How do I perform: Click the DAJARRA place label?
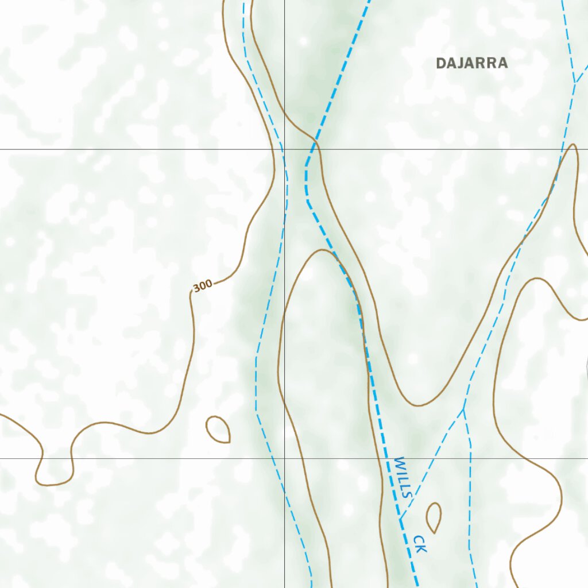point(472,63)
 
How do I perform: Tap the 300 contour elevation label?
point(202,285)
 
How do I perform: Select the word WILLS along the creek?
point(404,477)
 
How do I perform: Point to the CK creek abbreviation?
point(420,544)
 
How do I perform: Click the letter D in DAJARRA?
point(441,63)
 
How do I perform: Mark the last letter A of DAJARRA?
point(503,63)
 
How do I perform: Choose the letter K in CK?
point(422,549)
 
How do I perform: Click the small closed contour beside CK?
point(434,517)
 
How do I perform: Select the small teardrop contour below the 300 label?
point(219,430)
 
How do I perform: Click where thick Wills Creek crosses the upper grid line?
point(312,149)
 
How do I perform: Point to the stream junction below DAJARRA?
point(574,83)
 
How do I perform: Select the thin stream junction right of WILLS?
point(463,409)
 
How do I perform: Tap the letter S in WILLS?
point(407,493)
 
